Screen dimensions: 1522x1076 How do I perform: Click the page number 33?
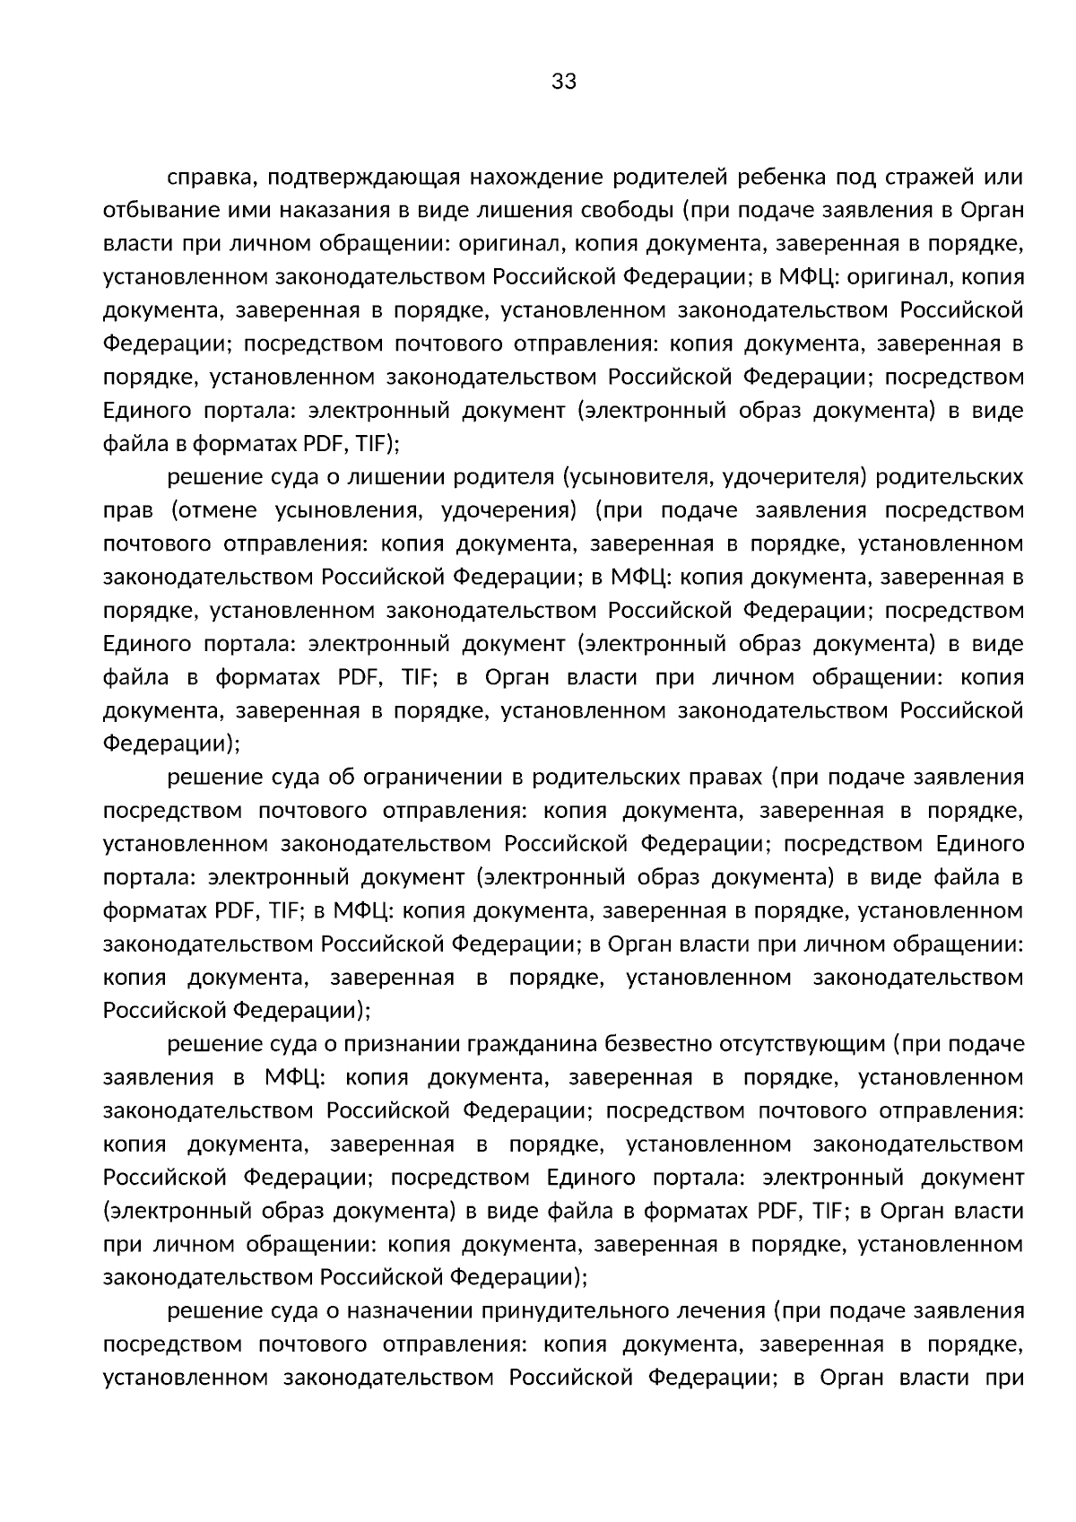(x=564, y=83)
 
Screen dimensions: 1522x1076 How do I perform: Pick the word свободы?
(x=627, y=212)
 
